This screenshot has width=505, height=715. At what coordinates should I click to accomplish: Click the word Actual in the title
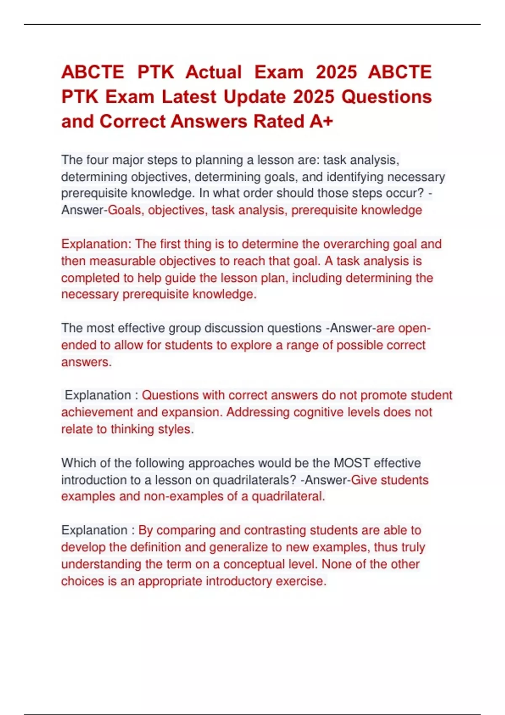coord(214,72)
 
